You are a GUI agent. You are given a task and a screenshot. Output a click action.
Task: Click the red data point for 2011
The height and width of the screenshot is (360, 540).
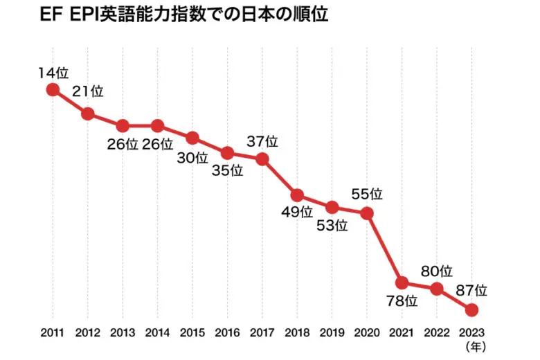(x=53, y=89)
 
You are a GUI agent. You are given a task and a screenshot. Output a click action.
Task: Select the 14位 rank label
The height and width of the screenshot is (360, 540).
(x=54, y=72)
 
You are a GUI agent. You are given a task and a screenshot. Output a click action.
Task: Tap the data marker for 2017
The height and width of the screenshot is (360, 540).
(x=262, y=159)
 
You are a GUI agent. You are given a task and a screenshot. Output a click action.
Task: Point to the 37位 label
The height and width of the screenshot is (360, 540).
(x=262, y=142)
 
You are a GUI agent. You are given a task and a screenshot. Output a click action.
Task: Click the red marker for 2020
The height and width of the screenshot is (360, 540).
(x=367, y=213)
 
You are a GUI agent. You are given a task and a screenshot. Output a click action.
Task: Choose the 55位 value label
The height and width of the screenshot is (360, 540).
(x=367, y=195)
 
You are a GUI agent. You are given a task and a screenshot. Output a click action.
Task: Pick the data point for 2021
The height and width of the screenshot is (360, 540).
(x=402, y=282)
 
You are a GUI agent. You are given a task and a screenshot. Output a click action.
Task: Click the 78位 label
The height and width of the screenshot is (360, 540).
(x=402, y=301)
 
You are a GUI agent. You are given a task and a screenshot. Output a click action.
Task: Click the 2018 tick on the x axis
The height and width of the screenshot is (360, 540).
(x=297, y=332)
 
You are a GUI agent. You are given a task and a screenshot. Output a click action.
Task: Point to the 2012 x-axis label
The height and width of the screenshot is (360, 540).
(x=88, y=332)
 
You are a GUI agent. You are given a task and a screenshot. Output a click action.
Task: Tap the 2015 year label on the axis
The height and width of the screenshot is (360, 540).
(x=192, y=332)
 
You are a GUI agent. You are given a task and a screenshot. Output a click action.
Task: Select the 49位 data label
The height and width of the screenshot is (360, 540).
(x=297, y=213)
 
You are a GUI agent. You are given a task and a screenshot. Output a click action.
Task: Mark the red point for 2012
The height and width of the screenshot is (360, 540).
(x=88, y=114)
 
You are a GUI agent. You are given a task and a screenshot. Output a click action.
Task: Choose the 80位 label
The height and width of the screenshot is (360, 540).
(x=437, y=271)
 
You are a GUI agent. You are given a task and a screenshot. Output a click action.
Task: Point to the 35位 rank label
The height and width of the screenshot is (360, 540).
(x=228, y=170)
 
